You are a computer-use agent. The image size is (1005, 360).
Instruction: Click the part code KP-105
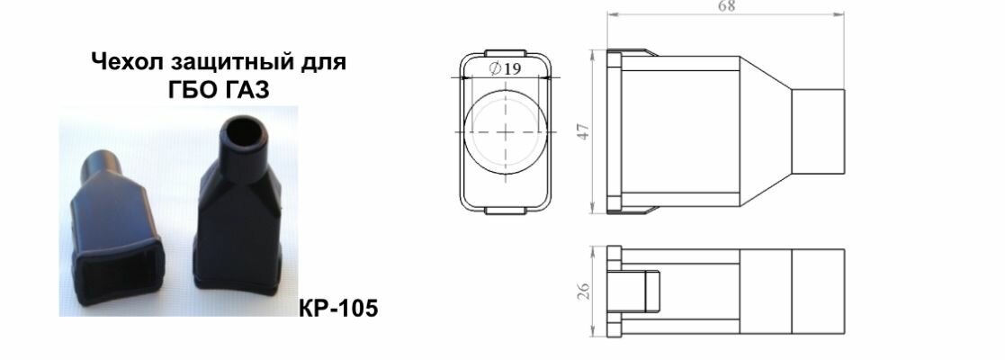(x=336, y=309)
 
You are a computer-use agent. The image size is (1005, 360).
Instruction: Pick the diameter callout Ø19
(x=504, y=68)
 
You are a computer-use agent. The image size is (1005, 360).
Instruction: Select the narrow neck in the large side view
(x=819, y=131)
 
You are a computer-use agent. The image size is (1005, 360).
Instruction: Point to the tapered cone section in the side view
(x=765, y=131)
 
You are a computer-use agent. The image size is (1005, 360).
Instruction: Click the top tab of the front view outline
(x=507, y=53)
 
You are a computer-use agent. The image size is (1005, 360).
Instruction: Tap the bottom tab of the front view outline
(x=507, y=211)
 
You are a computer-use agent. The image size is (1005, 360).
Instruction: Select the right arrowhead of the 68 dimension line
(x=842, y=14)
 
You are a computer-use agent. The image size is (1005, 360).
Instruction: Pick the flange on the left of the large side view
(x=615, y=131)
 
